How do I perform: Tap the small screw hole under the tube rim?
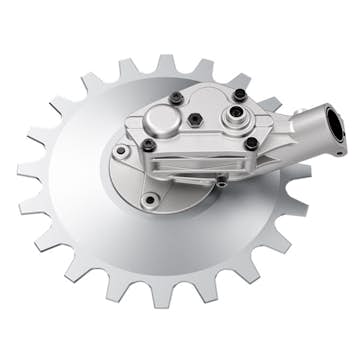click(x=340, y=153)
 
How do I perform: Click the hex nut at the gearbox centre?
click(x=195, y=119)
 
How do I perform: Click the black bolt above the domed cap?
click(x=176, y=97)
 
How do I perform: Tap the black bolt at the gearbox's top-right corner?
click(x=239, y=94)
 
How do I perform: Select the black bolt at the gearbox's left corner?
click(x=148, y=144)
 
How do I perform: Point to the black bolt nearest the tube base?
click(x=251, y=142)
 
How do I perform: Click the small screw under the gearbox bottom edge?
click(x=223, y=182)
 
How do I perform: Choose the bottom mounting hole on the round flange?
click(x=149, y=200)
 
